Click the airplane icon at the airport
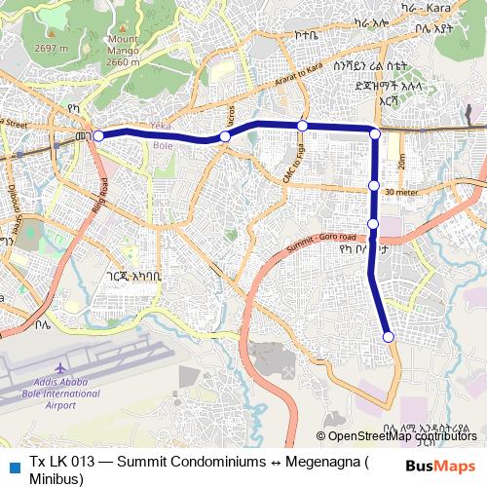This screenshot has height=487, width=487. pos(60,368)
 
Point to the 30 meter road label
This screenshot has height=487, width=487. pos(401,193)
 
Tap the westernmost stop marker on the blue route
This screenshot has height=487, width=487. pos(97,135)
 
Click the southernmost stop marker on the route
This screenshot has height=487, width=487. pos(389,337)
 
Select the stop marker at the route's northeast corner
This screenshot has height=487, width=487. pos(375,131)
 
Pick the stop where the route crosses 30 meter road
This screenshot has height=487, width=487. pos(373,185)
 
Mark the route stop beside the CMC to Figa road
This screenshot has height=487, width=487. pos(303,126)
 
